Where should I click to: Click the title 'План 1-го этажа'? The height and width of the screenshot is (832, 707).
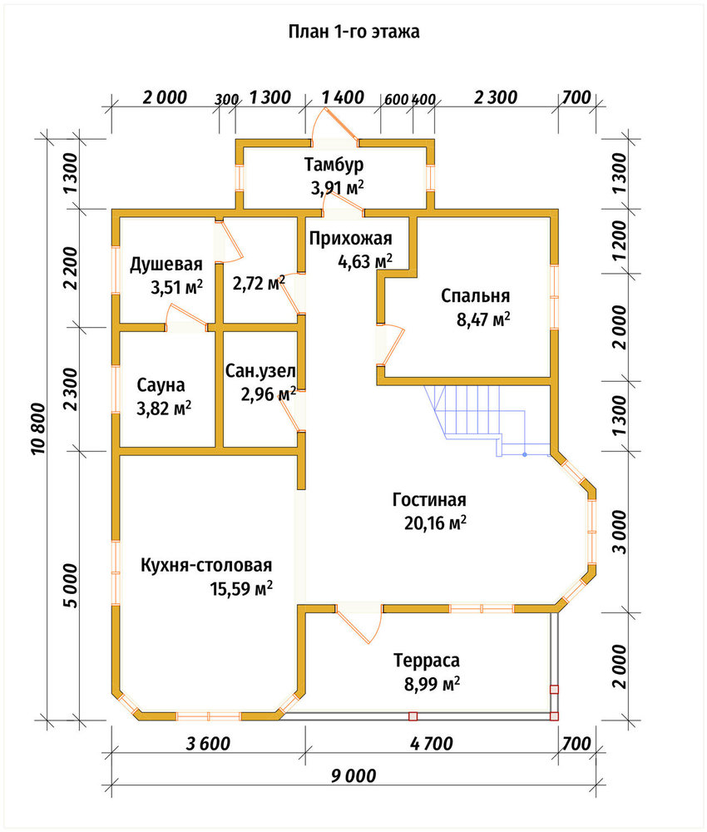point(353,32)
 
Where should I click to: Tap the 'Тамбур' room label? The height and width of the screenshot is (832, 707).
point(334,165)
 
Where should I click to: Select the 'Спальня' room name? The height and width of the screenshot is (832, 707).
point(475,295)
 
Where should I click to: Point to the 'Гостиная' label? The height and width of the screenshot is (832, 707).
point(430,500)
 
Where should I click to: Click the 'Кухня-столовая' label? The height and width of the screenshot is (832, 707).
point(206,565)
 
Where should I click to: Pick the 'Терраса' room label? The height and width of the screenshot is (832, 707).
point(427,661)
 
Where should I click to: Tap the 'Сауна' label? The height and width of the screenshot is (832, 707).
point(161,384)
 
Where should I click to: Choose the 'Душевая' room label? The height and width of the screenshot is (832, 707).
point(166,265)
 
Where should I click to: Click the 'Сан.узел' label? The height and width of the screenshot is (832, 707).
point(260,370)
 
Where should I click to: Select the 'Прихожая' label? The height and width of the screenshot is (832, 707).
point(350,239)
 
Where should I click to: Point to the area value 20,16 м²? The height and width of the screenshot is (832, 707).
point(436,523)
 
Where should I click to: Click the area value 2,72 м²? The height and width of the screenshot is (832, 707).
point(259,283)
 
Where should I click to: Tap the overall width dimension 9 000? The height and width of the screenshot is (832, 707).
point(353,776)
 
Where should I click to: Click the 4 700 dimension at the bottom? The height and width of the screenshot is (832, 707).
point(431,744)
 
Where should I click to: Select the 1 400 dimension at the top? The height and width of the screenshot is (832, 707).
point(343,97)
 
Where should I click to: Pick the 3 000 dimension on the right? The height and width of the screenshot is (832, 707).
point(620,532)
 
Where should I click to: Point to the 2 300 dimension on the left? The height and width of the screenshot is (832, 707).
point(71,389)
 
